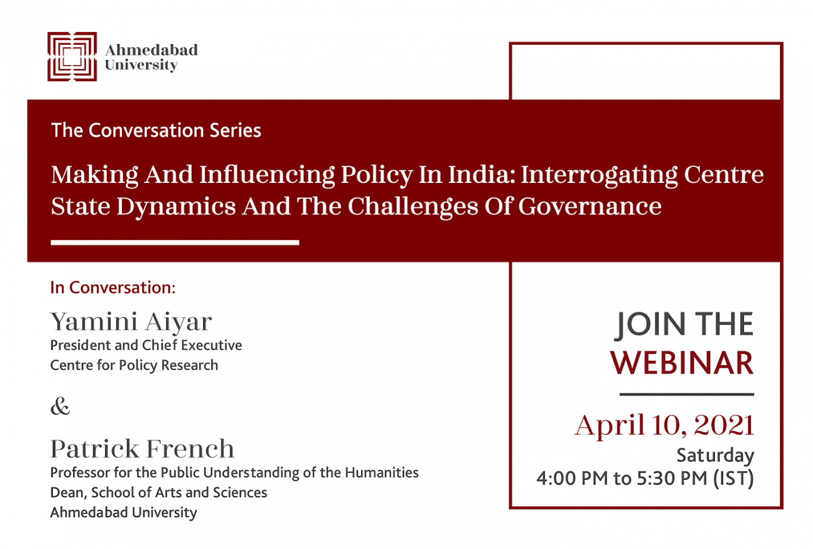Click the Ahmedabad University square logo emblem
pyautogui.click(x=72, y=57)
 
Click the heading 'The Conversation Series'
pyautogui.click(x=156, y=130)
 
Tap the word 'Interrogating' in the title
pyautogui.click(x=599, y=175)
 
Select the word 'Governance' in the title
pyautogui.click(x=590, y=207)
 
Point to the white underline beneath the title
pyautogui.click(x=175, y=243)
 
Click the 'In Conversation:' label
pyautogui.click(x=113, y=288)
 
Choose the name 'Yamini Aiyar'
pyautogui.click(x=131, y=322)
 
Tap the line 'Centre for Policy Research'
pyautogui.click(x=134, y=365)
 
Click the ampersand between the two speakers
pyautogui.click(x=60, y=406)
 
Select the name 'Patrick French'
pyautogui.click(x=142, y=448)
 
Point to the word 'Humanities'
pyautogui.click(x=382, y=473)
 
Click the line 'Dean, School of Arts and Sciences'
pyautogui.click(x=159, y=493)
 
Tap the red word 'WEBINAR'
pyautogui.click(x=682, y=363)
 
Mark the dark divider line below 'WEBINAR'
pyautogui.click(x=686, y=394)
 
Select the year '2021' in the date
pyautogui.click(x=724, y=425)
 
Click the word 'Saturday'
pyautogui.click(x=715, y=455)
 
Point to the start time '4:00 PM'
pyautogui.click(x=572, y=478)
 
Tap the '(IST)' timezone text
pyautogui.click(x=733, y=478)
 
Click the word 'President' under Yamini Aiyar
pyautogui.click(x=81, y=345)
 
